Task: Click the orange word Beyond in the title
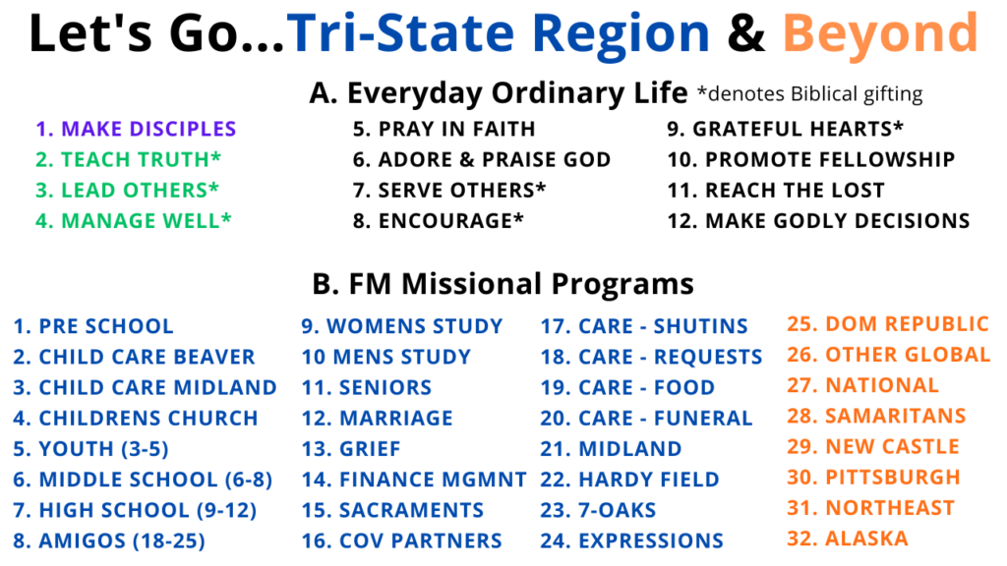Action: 880,35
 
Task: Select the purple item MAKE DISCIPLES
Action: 136,129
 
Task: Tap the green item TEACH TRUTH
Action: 129,159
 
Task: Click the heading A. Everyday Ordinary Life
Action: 499,93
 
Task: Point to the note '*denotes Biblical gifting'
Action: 810,94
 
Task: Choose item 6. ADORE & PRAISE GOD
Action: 482,159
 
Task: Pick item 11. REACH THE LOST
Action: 776,190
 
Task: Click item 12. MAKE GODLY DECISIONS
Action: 819,221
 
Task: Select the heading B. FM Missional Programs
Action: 503,284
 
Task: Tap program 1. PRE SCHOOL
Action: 93,326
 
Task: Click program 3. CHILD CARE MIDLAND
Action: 146,387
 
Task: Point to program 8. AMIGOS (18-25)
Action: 109,541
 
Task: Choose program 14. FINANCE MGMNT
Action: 414,480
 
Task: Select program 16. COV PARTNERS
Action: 402,541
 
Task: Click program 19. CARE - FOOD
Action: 627,387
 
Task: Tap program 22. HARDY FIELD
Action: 629,480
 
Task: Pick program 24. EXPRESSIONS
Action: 632,541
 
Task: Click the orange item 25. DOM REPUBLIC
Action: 888,324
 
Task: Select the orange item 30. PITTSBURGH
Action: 873,478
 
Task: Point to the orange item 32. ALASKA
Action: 848,538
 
